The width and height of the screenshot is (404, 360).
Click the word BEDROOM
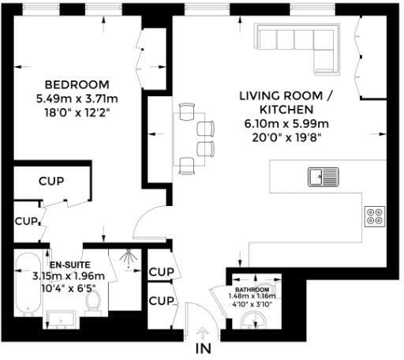click(x=77, y=84)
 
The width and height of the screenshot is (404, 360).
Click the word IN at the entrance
click(x=204, y=347)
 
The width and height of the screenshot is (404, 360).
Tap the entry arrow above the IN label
click(x=204, y=332)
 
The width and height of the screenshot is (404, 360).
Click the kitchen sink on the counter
click(x=324, y=176)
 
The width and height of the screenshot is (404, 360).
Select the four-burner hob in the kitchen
click(x=374, y=216)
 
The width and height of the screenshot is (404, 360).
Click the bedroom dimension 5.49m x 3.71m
click(x=77, y=99)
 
